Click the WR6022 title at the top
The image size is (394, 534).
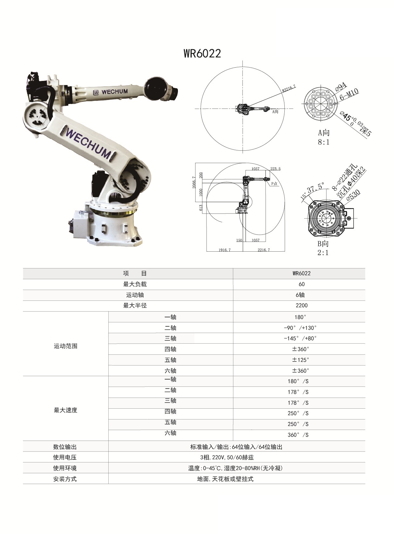202,53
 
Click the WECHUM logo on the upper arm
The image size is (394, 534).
110,92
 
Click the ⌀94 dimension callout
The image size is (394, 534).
341,87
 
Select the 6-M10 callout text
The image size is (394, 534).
349,95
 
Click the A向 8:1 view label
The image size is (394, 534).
324,137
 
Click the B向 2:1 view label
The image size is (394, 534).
323,248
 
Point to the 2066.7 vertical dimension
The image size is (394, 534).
194,182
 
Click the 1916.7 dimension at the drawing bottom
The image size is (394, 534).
224,250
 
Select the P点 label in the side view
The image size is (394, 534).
274,184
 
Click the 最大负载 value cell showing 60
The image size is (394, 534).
301,284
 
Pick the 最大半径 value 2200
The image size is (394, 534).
301,306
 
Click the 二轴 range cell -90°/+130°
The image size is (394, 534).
300,328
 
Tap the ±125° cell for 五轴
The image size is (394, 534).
301,360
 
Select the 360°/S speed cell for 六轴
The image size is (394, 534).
298,435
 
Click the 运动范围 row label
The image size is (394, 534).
65,346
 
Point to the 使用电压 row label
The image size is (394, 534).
65,458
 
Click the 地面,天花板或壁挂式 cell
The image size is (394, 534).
225,479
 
